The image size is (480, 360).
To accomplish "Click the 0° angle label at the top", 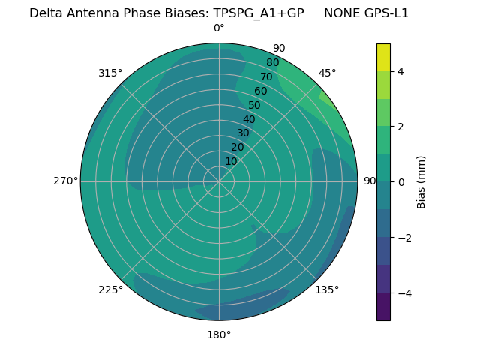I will tap(219, 28).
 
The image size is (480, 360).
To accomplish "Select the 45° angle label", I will tap(327, 73).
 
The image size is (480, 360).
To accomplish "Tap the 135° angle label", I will tap(327, 289).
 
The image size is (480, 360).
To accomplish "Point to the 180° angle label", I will tap(219, 334).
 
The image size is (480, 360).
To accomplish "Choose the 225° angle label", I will tap(110, 289).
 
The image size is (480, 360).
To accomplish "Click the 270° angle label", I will tap(65, 181).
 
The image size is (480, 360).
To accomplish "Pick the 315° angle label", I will tap(110, 73).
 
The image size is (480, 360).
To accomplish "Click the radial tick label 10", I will tap(231, 161).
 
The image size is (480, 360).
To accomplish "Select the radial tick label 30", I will tap(243, 133).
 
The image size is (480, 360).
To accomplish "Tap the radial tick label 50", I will tap(255, 105).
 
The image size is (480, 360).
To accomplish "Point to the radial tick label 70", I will tap(266, 76).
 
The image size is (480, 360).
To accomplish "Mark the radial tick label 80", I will tap(272, 63).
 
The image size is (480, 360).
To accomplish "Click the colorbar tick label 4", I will tap(401, 71).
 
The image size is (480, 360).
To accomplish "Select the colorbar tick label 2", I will tap(401, 127).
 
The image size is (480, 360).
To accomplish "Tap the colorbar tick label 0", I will tap(401, 182).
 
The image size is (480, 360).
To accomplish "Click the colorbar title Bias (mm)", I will tap(421, 182).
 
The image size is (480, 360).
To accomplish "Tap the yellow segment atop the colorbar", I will tap(383, 58).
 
